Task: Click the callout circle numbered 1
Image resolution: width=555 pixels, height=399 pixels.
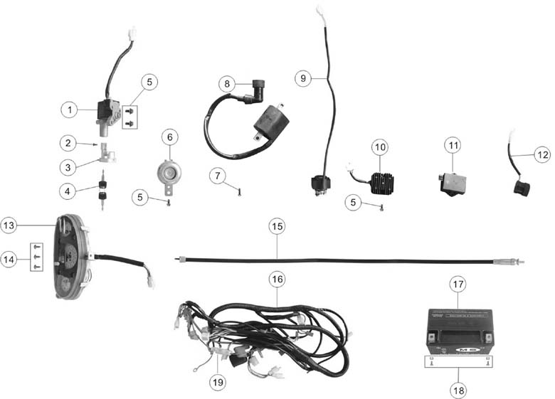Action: [68, 110]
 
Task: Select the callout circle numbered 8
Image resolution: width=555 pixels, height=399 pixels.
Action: [227, 84]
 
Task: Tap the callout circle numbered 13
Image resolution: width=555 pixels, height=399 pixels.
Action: [9, 225]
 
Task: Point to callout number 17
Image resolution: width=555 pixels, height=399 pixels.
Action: [458, 284]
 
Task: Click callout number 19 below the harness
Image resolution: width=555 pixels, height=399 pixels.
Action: [218, 382]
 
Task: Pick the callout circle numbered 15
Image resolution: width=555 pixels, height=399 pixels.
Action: [277, 226]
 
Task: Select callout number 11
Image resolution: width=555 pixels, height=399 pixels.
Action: [453, 146]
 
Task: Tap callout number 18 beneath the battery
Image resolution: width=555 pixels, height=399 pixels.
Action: [458, 389]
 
